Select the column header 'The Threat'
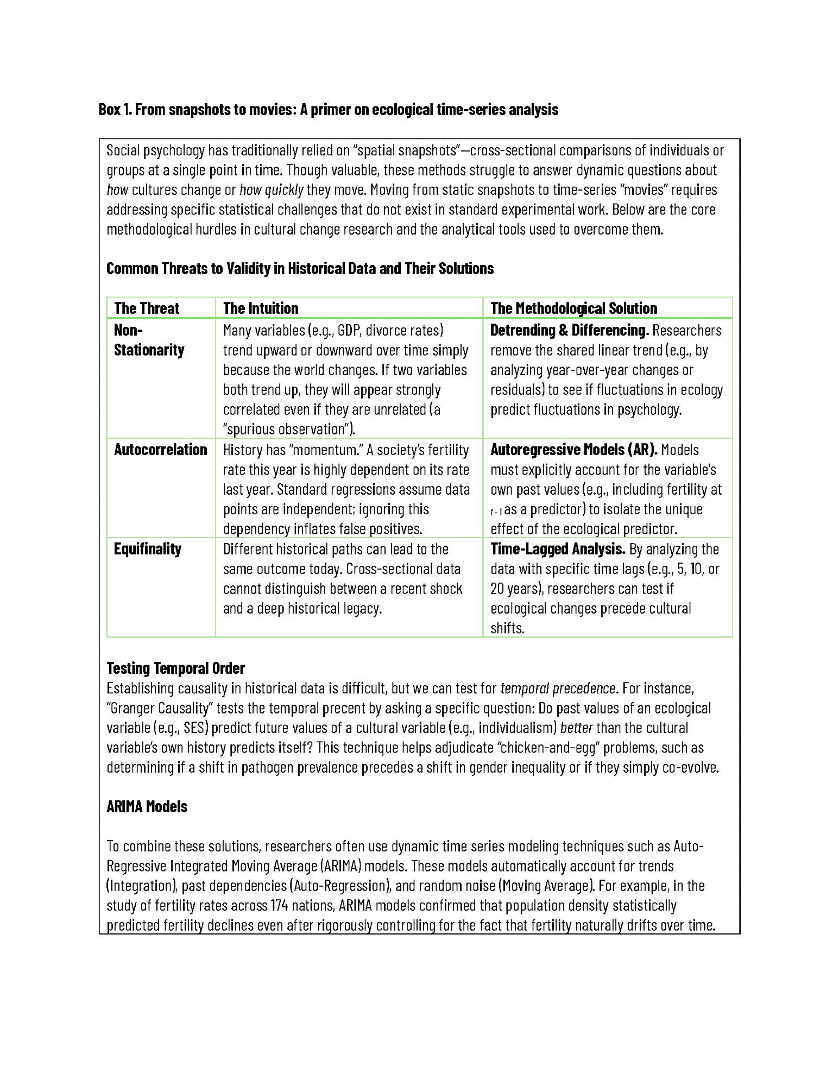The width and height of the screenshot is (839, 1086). click(146, 308)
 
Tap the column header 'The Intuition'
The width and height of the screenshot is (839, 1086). click(261, 308)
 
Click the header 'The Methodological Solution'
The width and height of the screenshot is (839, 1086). click(573, 308)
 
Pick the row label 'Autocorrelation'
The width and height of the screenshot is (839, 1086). click(160, 450)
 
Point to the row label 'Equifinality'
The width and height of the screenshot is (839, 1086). click(147, 549)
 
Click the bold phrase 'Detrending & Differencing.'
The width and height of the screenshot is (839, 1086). click(569, 330)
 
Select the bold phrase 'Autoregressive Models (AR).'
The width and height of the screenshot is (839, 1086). click(573, 450)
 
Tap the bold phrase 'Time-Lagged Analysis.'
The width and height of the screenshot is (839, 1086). click(558, 549)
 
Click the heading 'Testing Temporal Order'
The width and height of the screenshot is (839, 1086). click(175, 668)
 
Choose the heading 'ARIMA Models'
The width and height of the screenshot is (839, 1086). click(147, 806)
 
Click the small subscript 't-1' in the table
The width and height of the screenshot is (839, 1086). click(496, 512)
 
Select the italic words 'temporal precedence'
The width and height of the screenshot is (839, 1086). click(558, 689)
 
